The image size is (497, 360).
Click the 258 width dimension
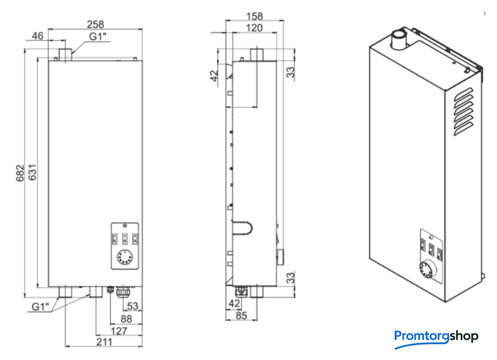pyautogui.click(x=95, y=24)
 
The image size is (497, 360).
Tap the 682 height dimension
pyautogui.click(x=20, y=173)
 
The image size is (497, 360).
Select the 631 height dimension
pyautogui.click(x=33, y=172)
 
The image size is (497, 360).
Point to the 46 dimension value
pyautogui.click(x=37, y=36)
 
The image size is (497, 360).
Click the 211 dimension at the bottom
pyautogui.click(x=104, y=342)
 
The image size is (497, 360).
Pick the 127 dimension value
pyautogui.click(x=119, y=331)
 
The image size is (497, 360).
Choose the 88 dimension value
pyautogui.click(x=126, y=319)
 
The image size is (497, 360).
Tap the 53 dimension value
pyautogui.click(x=133, y=306)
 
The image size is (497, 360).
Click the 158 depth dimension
pyautogui.click(x=254, y=16)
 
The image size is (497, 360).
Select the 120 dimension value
pyautogui.click(x=254, y=28)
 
